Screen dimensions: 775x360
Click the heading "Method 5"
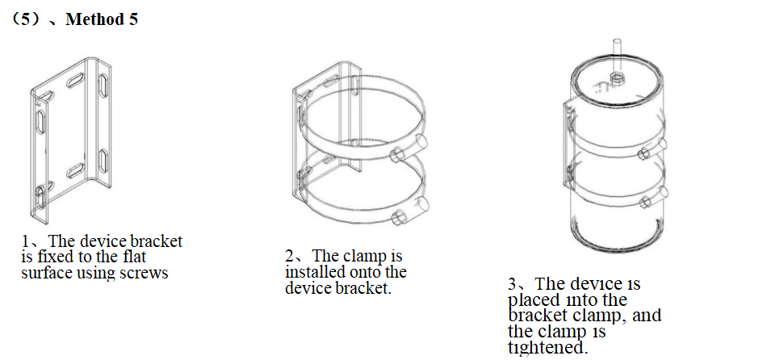pos(102,19)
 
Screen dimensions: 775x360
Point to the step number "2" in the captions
pos(290,256)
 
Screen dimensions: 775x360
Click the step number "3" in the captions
pos(513,284)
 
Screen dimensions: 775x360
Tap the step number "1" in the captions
pos(25,241)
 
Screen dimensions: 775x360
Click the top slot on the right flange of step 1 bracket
pos(104,86)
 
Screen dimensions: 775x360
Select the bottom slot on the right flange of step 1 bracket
pos(103,161)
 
